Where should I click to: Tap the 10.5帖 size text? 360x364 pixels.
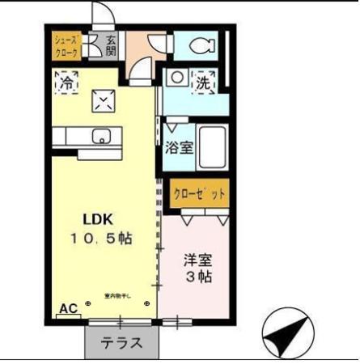(102, 239)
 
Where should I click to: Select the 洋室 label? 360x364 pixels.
(197, 260)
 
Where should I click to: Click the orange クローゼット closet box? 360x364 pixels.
(198, 194)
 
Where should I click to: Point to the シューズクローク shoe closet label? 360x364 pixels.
(66, 45)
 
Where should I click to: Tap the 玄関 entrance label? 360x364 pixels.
(110, 45)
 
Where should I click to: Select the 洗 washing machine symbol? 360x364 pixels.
(202, 81)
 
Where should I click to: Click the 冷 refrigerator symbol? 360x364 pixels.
(66, 82)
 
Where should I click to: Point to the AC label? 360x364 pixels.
(69, 309)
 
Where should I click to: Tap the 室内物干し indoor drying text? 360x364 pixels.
(116, 296)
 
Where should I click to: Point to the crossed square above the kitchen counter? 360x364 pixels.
(104, 101)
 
